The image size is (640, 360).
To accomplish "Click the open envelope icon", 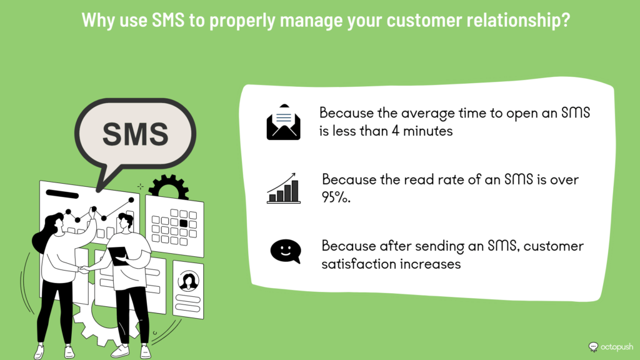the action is click(x=283, y=122).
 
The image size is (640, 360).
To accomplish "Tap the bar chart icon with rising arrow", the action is click(x=283, y=188).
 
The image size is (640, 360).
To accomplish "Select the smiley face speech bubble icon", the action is click(x=286, y=251).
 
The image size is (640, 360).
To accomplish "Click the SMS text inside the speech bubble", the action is click(x=135, y=134).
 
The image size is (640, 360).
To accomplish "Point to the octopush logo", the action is click(x=611, y=347).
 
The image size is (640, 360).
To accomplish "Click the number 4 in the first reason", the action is click(x=395, y=131).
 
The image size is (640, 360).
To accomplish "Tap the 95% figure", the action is click(x=336, y=197).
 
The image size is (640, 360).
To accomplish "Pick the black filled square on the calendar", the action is click(x=183, y=223).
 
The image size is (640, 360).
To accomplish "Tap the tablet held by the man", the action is click(x=119, y=256).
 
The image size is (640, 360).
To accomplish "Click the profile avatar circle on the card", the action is click(x=188, y=281).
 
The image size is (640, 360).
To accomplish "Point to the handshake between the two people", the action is click(x=84, y=269).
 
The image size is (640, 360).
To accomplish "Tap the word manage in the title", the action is click(x=311, y=21).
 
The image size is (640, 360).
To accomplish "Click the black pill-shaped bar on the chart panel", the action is click(x=62, y=194).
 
